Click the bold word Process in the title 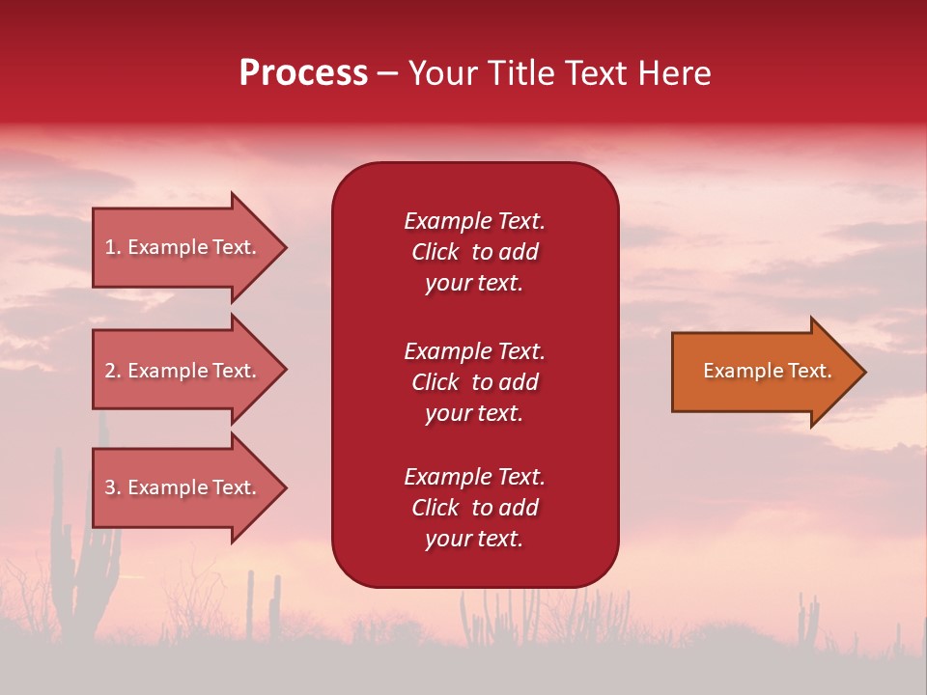[303, 73]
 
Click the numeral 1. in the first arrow [113, 247]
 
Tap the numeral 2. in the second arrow [113, 371]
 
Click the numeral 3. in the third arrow [113, 487]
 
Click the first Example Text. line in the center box [474, 221]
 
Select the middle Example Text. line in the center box [474, 351]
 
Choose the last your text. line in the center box [474, 540]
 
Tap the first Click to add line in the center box [474, 252]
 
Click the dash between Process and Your [387, 74]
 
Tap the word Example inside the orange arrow [737, 371]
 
